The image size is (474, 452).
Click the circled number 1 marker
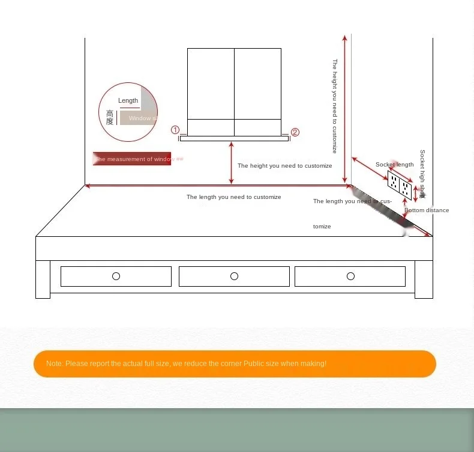pos(175,130)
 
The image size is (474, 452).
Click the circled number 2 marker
pos(295,132)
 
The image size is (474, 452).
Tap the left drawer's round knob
pos(116,276)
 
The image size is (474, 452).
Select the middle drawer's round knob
pos(234,276)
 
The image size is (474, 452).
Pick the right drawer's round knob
pos(350,276)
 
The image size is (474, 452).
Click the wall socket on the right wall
pos(400,186)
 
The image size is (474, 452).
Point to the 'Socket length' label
pos(394,165)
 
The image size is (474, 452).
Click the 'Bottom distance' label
pos(427,210)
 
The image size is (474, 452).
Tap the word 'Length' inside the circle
pos(128,100)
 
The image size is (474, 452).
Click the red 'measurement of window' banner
pos(132,159)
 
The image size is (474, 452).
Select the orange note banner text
pos(186,364)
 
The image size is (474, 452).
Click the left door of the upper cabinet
pos(211,84)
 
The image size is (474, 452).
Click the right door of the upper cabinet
pos(257,84)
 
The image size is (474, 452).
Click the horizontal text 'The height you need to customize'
pos(284,166)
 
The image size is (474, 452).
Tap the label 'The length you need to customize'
pos(233,197)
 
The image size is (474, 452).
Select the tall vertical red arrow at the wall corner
pos(344,108)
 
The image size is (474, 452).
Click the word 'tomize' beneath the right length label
pos(322,227)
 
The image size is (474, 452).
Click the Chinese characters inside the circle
pos(110,117)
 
